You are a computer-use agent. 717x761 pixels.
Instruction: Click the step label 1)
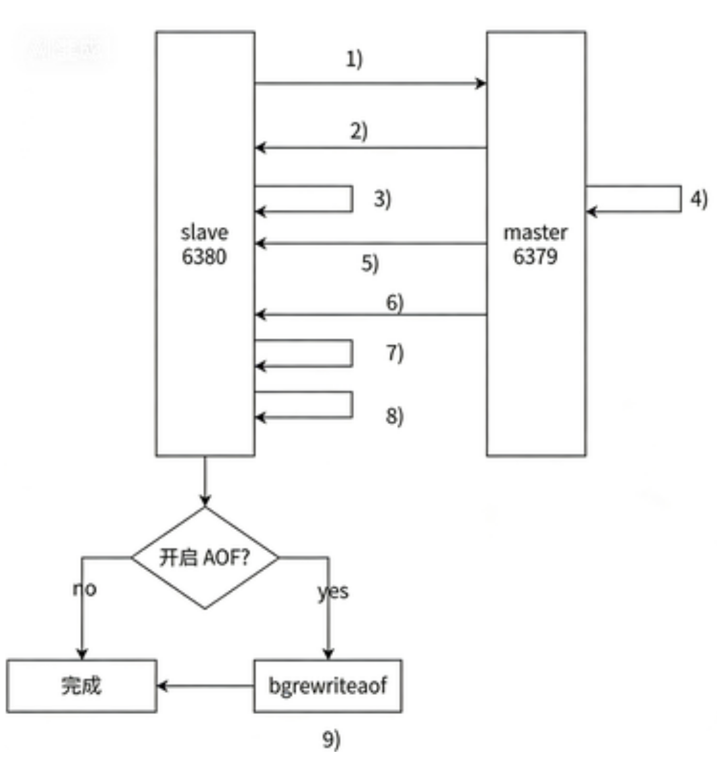[x=354, y=59]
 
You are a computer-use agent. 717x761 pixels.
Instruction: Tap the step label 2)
[x=359, y=131]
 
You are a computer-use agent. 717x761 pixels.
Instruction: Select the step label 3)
[x=382, y=198]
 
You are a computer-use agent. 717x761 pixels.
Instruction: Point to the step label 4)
[x=698, y=198]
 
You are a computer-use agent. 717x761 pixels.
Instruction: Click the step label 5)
[x=370, y=263]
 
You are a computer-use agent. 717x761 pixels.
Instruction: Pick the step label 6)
[x=395, y=303]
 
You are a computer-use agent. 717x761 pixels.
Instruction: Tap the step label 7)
[x=395, y=352]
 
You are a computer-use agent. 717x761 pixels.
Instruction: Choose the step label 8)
[x=395, y=416]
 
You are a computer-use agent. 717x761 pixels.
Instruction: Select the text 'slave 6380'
[x=205, y=244]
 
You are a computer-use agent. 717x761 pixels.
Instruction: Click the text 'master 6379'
[x=536, y=244]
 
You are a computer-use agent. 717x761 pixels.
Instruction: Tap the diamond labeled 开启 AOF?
[x=205, y=558]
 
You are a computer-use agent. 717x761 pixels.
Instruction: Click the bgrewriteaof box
[x=328, y=686]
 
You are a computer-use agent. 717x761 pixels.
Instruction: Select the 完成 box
[x=81, y=686]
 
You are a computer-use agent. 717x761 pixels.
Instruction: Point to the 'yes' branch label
[x=333, y=591]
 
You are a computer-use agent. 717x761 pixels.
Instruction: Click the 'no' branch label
[x=85, y=588]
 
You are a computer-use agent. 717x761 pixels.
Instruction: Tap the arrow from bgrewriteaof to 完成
[x=205, y=686]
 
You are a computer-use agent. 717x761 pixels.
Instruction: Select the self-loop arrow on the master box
[x=680, y=199]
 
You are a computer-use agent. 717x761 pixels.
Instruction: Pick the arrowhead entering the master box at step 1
[x=482, y=83]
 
